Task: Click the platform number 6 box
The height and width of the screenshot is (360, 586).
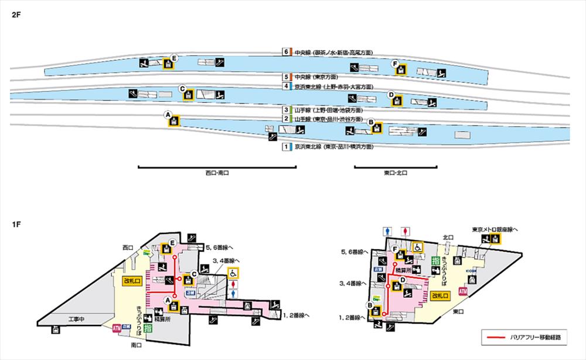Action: [x=287, y=52]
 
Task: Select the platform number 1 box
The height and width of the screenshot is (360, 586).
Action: [x=287, y=147]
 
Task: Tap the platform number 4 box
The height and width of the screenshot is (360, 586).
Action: [x=287, y=86]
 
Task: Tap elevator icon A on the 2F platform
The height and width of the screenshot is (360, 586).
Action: [x=174, y=121]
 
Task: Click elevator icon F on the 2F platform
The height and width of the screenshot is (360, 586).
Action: [x=401, y=69]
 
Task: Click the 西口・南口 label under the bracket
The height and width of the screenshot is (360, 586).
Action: [x=217, y=174]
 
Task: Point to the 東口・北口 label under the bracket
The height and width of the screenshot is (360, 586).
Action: [x=396, y=174]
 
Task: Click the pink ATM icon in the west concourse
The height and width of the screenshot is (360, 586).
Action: [x=116, y=330]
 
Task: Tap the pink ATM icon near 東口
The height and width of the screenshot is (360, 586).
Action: [x=462, y=291]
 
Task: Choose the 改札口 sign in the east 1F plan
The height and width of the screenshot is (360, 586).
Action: [x=441, y=297]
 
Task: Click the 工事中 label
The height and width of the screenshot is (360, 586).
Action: [x=77, y=320]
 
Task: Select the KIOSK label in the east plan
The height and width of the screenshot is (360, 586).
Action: [x=471, y=271]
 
